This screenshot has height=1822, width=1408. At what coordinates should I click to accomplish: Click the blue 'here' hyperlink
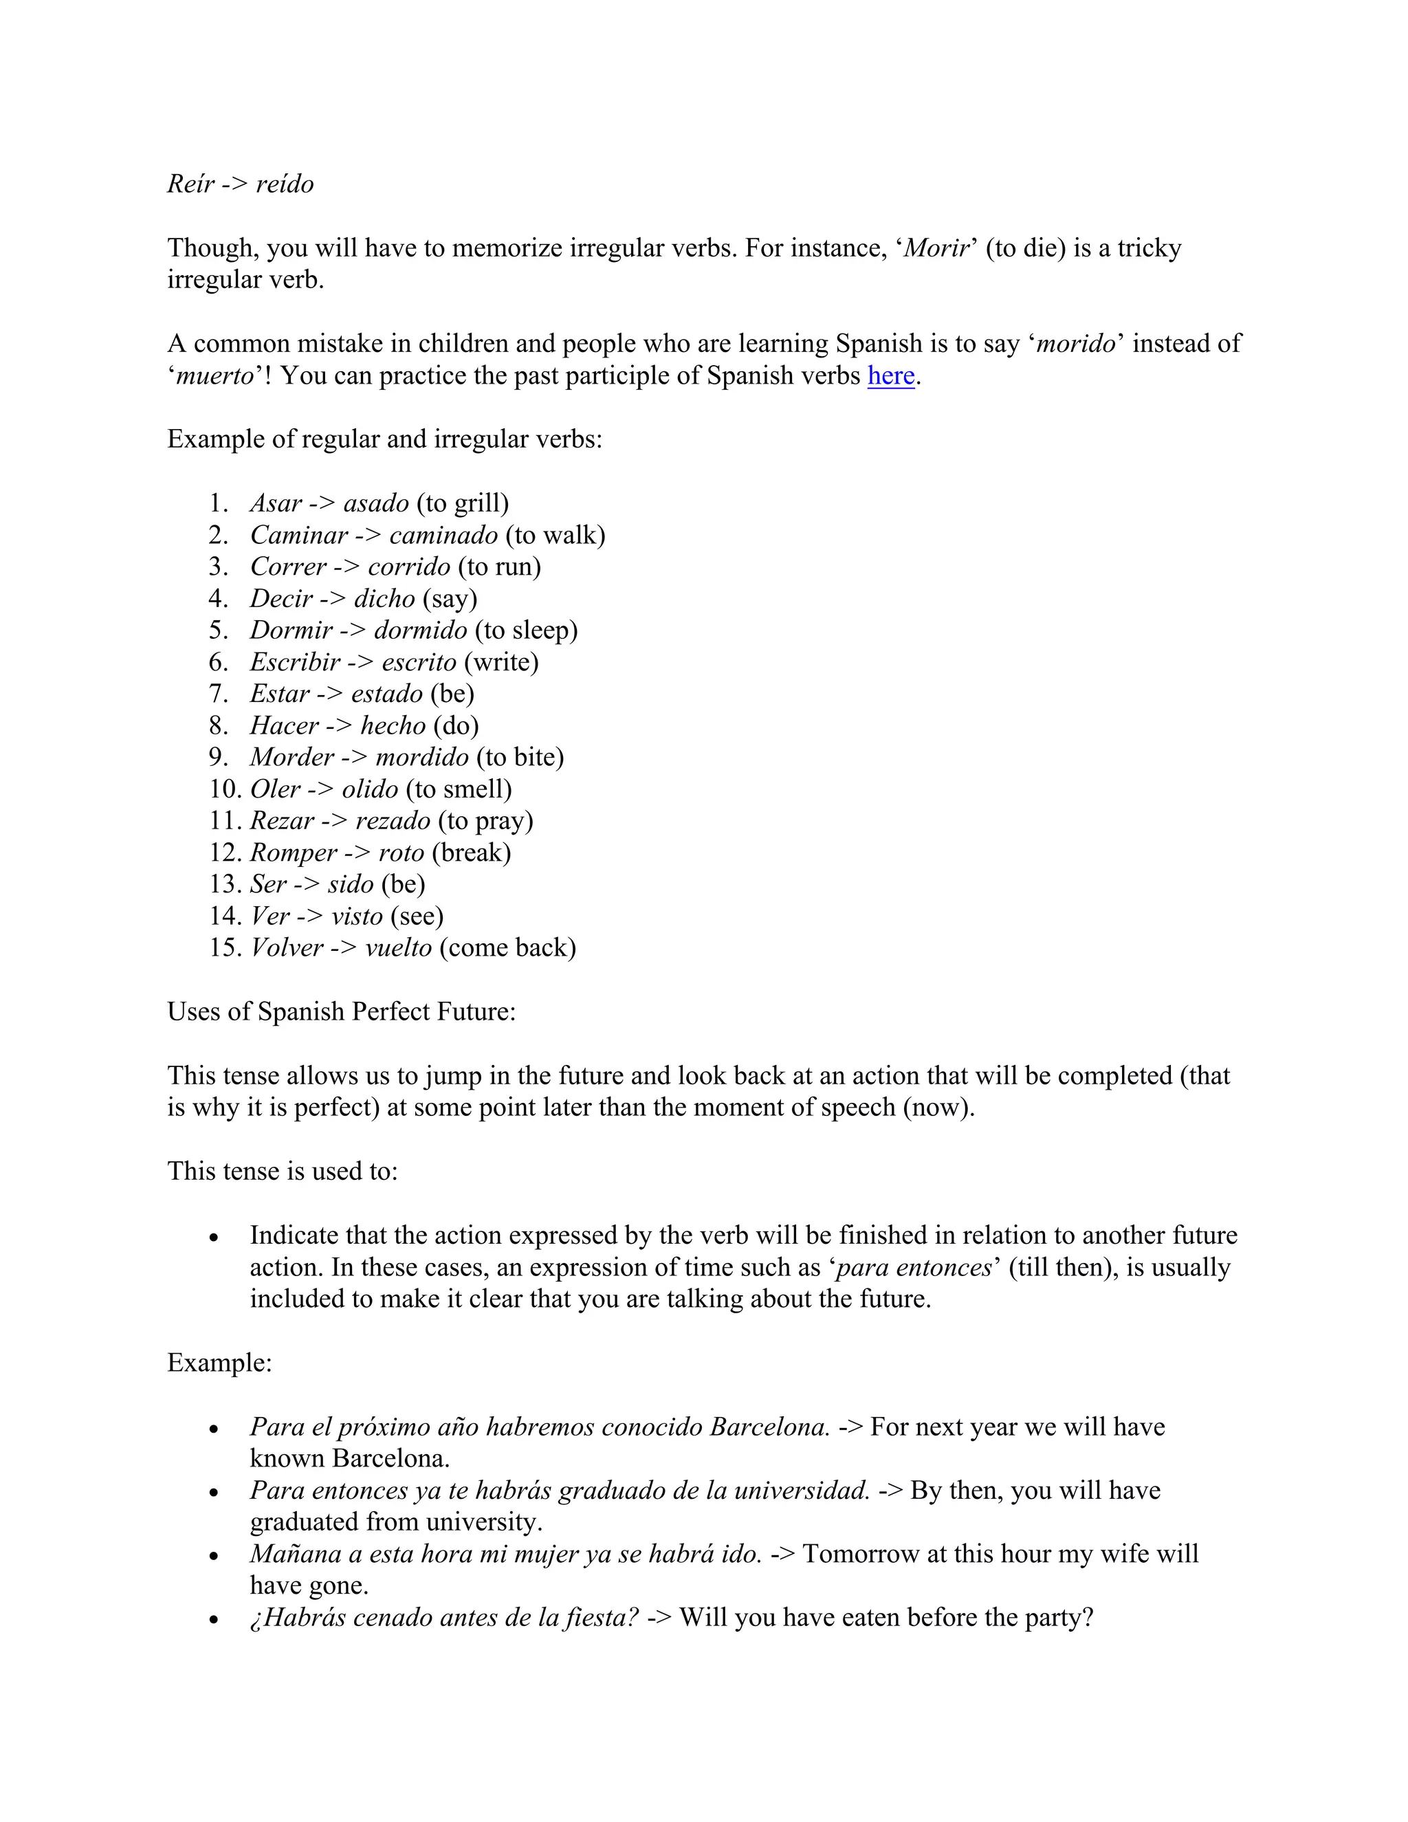click(891, 376)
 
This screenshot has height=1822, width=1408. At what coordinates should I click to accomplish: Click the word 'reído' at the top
click(285, 184)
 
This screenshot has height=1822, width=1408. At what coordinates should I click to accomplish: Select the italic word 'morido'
click(1076, 344)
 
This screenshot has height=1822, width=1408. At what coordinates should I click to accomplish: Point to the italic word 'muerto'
click(214, 376)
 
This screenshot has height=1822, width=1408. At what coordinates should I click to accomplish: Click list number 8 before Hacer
click(218, 726)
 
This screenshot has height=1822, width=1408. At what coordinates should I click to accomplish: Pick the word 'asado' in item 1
click(376, 504)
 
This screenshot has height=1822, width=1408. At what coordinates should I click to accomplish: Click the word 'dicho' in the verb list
click(384, 599)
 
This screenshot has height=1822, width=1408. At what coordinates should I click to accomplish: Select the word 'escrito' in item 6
click(419, 662)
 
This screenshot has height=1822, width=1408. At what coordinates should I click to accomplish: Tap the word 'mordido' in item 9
click(422, 758)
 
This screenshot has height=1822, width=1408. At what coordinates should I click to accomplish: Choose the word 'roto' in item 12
click(401, 853)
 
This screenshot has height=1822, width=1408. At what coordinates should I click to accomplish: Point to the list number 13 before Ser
click(223, 884)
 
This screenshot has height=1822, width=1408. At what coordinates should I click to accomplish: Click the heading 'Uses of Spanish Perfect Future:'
click(341, 1012)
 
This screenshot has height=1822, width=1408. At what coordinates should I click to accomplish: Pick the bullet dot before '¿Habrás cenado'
click(214, 1620)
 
